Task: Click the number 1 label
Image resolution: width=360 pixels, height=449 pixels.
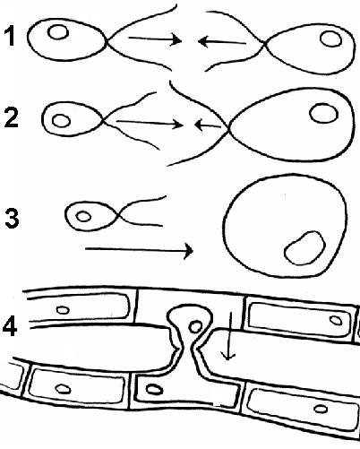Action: pyautogui.click(x=10, y=36)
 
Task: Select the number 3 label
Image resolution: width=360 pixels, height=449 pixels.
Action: pyautogui.click(x=12, y=218)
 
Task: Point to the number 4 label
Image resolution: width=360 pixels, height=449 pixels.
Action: pyautogui.click(x=10, y=325)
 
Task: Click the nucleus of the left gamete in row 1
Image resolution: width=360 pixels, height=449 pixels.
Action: pyautogui.click(x=58, y=32)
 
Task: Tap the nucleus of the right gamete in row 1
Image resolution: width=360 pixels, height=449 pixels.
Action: pyautogui.click(x=330, y=39)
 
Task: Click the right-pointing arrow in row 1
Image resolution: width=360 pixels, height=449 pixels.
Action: pyautogui.click(x=155, y=39)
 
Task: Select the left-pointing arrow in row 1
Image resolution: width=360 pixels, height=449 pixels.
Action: pyautogui.click(x=222, y=41)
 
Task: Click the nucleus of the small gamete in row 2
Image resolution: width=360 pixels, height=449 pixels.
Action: pyautogui.click(x=61, y=121)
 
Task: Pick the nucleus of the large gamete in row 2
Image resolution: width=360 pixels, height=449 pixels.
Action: pyautogui.click(x=324, y=113)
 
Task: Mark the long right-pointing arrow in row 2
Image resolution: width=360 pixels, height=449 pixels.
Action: pyautogui.click(x=150, y=123)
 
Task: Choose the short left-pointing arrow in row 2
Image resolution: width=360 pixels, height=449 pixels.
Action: pyautogui.click(x=208, y=125)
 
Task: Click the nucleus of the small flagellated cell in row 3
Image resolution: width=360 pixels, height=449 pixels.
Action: pyautogui.click(x=83, y=216)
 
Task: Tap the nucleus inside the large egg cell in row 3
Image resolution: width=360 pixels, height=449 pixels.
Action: pyautogui.click(x=304, y=248)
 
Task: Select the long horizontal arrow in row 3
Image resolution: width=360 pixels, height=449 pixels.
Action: pyautogui.click(x=139, y=249)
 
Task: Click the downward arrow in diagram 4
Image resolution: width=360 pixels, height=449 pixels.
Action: pyautogui.click(x=229, y=336)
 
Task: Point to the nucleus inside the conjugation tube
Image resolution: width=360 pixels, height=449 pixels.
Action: pyautogui.click(x=196, y=326)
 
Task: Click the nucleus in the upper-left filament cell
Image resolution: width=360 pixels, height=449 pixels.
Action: pyautogui.click(x=63, y=310)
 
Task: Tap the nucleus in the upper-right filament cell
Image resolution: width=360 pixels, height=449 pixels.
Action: pyautogui.click(x=336, y=320)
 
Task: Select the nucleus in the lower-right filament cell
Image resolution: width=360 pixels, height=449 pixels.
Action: pyautogui.click(x=320, y=409)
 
